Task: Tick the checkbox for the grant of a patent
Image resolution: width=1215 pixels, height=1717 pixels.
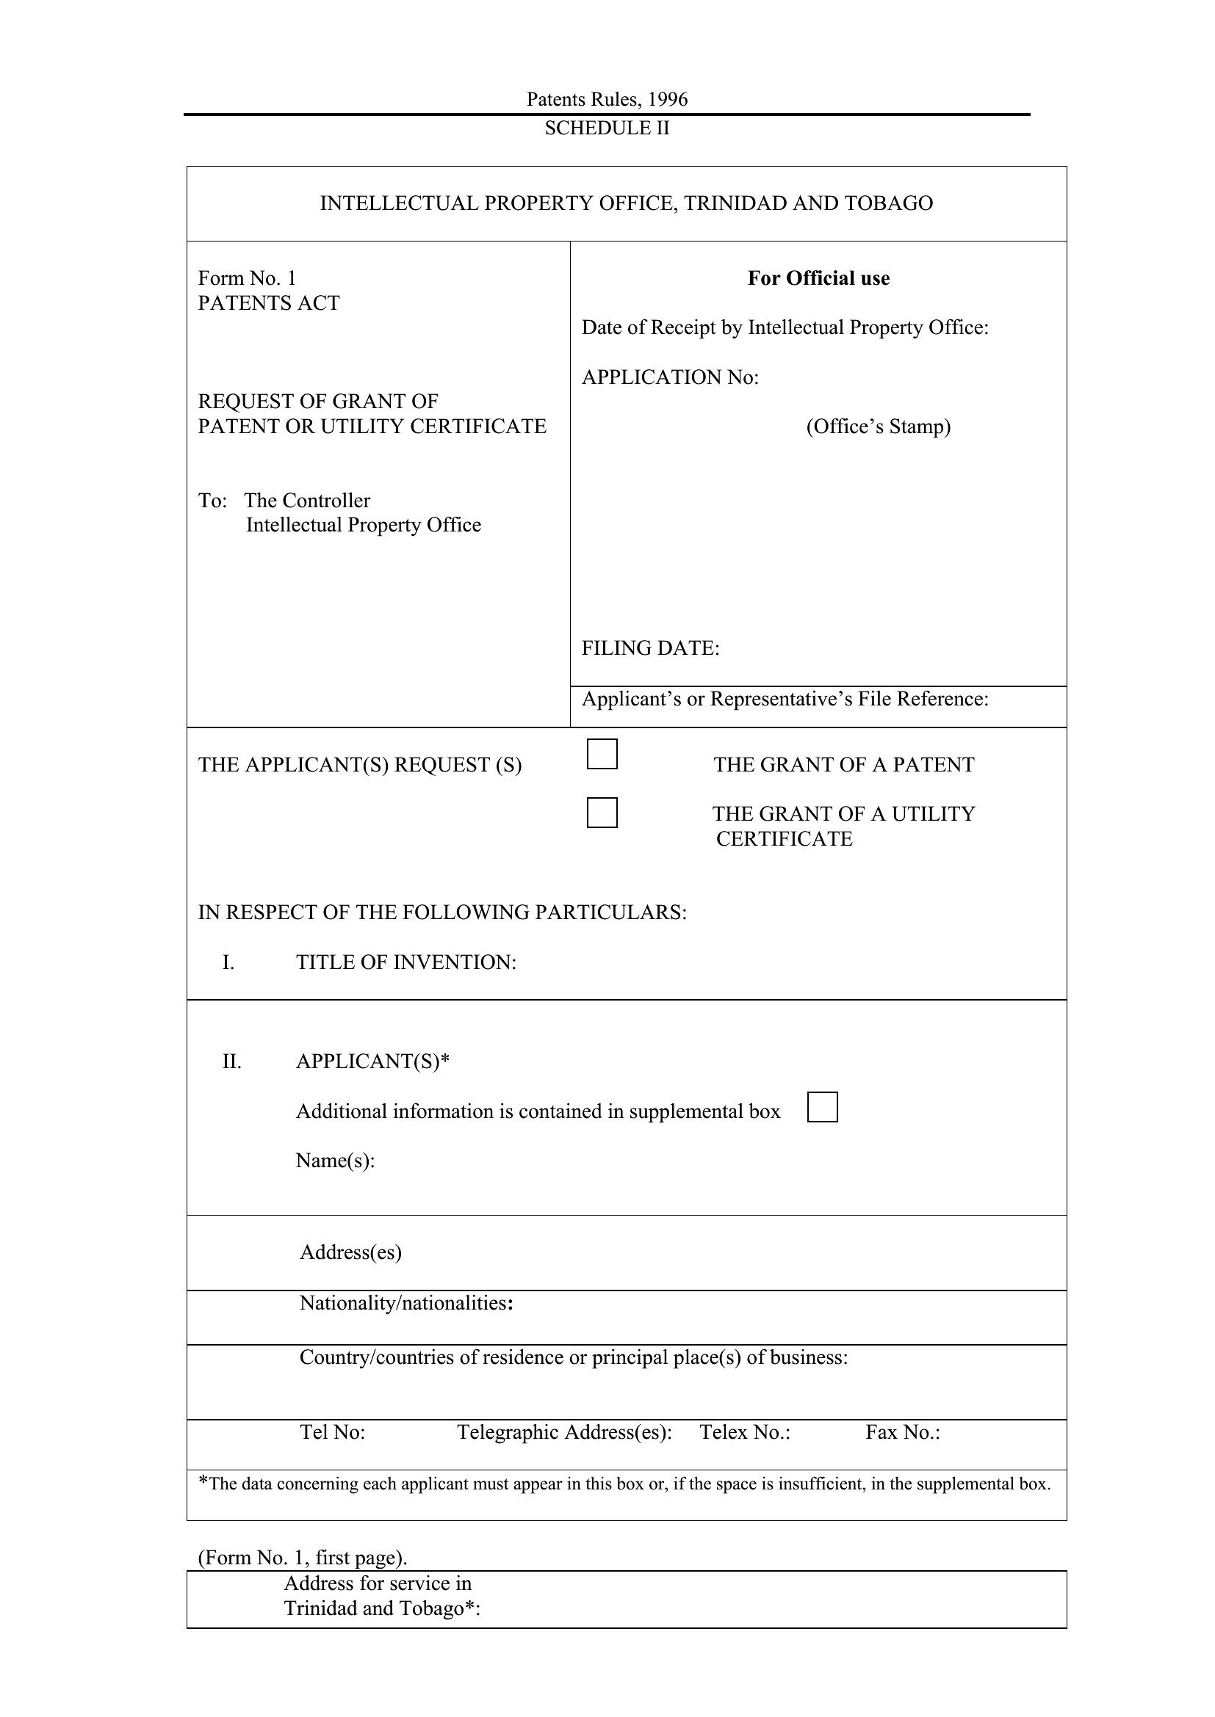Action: [602, 754]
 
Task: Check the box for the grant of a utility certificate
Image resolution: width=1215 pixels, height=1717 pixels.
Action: [602, 812]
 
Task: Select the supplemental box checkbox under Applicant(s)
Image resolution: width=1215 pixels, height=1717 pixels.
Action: [822, 1107]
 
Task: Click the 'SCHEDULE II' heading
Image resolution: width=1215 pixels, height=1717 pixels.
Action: [607, 128]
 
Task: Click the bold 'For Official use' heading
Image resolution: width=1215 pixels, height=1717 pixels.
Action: [818, 278]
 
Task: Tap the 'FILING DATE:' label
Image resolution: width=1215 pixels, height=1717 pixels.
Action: [650, 648]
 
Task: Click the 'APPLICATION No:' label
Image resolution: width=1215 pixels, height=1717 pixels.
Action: [670, 377]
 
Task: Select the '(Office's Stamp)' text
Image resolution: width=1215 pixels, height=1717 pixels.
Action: [879, 426]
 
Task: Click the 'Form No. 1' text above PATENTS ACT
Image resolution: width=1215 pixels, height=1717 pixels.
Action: [247, 278]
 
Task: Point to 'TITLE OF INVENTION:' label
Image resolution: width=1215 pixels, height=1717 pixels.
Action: [406, 962]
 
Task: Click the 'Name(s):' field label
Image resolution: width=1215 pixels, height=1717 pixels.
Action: [335, 1161]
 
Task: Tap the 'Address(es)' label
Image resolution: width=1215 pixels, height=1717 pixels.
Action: [351, 1252]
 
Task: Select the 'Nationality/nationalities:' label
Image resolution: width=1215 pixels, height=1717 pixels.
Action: [406, 1304]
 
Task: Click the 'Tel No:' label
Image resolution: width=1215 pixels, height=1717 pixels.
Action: [332, 1432]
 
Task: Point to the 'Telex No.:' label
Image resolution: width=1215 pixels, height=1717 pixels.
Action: [744, 1432]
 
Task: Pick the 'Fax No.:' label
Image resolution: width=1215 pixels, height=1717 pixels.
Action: [902, 1432]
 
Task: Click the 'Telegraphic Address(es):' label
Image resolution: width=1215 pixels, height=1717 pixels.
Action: [564, 1432]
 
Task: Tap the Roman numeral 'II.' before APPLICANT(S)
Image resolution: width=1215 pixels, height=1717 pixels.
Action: [232, 1061]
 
